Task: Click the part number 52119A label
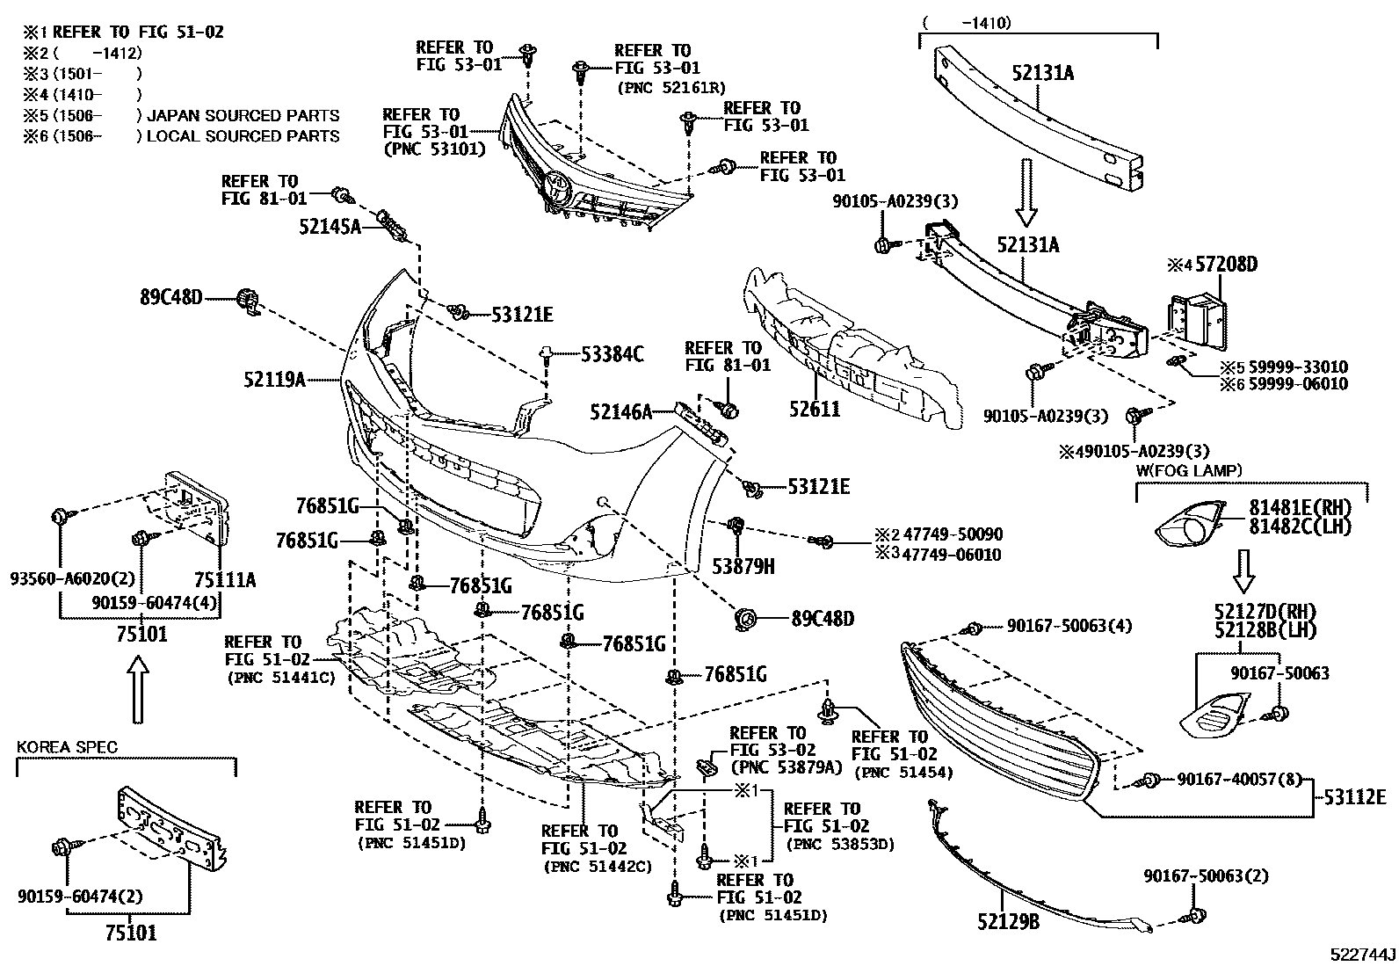274,380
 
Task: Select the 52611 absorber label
814,410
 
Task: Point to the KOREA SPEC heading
67,748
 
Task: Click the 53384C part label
613,354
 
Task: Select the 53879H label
743,567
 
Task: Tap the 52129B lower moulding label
1008,922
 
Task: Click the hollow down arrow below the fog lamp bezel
1243,571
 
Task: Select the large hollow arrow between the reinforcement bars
1026,203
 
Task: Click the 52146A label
621,410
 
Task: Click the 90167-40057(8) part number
1241,779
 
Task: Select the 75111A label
225,580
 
